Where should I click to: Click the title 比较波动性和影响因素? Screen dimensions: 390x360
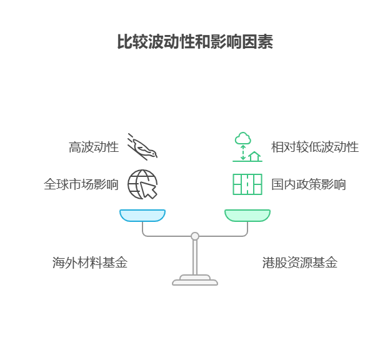pos(195,41)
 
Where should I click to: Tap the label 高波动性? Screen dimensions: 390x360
pos(94,147)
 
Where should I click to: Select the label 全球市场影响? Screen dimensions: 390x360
pos(81,184)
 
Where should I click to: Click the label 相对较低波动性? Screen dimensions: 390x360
pos(315,147)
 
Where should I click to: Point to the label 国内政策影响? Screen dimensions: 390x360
pos(309,184)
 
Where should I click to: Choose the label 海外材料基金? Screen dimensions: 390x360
pos(90,262)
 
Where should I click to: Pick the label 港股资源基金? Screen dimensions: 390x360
pos(300,262)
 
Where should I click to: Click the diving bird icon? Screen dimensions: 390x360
pos(142,147)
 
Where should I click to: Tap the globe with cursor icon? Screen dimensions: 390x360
pos(142,184)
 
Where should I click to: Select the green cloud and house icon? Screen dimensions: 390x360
pos(247,147)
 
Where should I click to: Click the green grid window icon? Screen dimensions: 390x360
pos(247,184)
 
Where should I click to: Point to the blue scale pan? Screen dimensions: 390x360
pos(142,216)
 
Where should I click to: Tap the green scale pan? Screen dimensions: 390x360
pos(247,216)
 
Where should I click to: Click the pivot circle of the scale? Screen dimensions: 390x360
pos(195,236)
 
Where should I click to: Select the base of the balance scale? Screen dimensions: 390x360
pos(195,280)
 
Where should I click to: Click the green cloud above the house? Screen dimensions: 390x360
pos(242,138)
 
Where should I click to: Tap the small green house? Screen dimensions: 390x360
pos(254,156)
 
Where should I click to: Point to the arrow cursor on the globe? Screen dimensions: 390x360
pos(149,191)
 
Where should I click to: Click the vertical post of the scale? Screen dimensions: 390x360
pos(195,257)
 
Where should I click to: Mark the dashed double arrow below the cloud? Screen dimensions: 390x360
pos(243,152)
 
